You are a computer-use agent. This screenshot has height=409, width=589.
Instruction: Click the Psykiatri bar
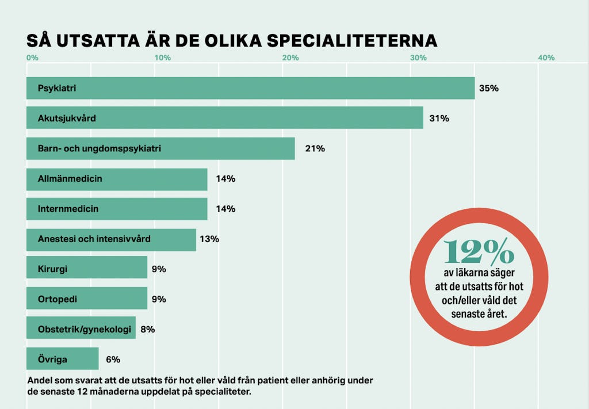pos(250,89)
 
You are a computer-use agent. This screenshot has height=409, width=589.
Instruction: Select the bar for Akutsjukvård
pos(224,119)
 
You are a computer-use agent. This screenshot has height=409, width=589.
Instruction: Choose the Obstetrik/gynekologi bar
pos(81,329)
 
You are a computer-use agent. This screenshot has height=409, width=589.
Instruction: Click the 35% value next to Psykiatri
pos(488,89)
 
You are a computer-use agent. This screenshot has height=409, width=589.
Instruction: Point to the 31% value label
pos(439,119)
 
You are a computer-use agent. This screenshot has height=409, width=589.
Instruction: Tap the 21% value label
pos(315,148)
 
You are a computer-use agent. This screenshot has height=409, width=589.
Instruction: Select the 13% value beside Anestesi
pos(209,239)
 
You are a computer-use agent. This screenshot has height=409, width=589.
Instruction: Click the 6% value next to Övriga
pos(113,360)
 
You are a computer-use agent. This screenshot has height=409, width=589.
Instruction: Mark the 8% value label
pos(148,329)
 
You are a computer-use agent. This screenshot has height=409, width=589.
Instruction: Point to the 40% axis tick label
pos(546,58)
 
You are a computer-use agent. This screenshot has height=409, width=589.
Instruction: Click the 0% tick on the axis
pos(32,58)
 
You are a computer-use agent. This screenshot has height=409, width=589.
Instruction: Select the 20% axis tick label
pos(290,58)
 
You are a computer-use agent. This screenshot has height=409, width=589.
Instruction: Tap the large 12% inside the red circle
pos(479,251)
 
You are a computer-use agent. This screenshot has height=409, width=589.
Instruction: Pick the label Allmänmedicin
pos(70,178)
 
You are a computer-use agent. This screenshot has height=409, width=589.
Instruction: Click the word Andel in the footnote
pos(40,380)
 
